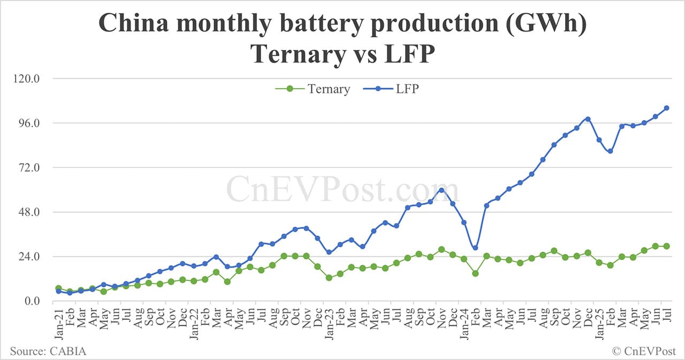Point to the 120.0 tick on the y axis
coord(25,79)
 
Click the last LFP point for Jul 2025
coord(667,108)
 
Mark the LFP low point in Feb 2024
coord(475,248)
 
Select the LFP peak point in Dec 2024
coord(588,119)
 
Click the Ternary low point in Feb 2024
coord(475,273)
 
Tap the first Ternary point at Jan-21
coord(58,288)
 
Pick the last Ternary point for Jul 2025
coord(667,246)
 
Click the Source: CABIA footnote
coord(48,351)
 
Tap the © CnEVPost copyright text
coord(644,351)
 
